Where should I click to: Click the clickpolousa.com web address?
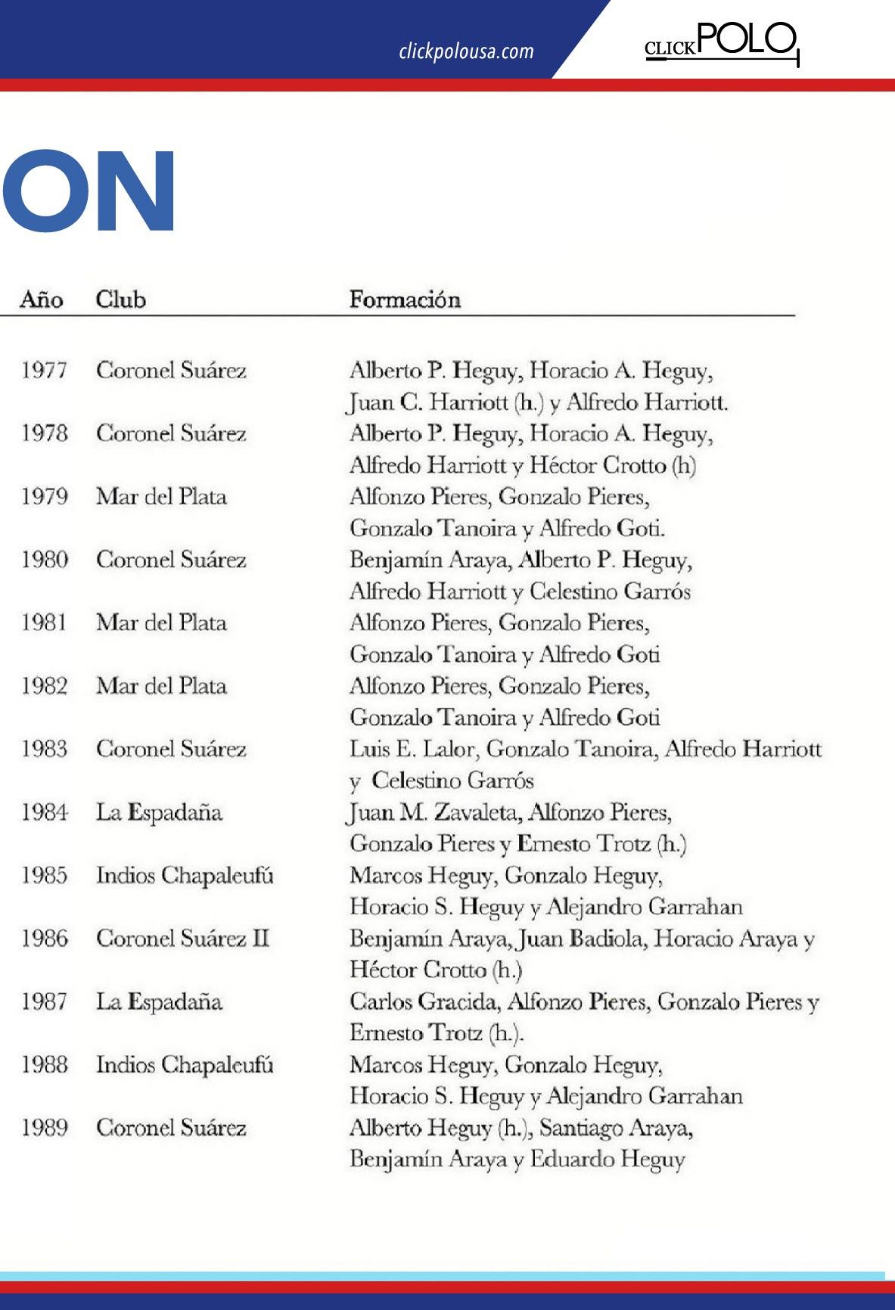point(466,51)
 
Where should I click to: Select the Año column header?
point(41,300)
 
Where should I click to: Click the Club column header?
point(120,300)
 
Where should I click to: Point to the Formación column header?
point(405,300)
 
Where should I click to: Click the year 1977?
point(44,371)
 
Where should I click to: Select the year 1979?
point(44,497)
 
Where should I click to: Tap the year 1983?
point(44,749)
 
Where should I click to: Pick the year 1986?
point(44,939)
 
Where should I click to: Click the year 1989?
point(44,1128)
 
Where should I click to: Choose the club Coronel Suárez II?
point(182,939)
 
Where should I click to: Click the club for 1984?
point(159,812)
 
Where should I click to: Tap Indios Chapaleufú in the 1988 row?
point(185,1065)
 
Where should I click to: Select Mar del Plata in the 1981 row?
point(161,623)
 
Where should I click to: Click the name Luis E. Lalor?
point(412,749)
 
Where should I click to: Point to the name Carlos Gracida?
point(424,1001)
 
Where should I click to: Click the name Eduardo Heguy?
point(608,1159)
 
